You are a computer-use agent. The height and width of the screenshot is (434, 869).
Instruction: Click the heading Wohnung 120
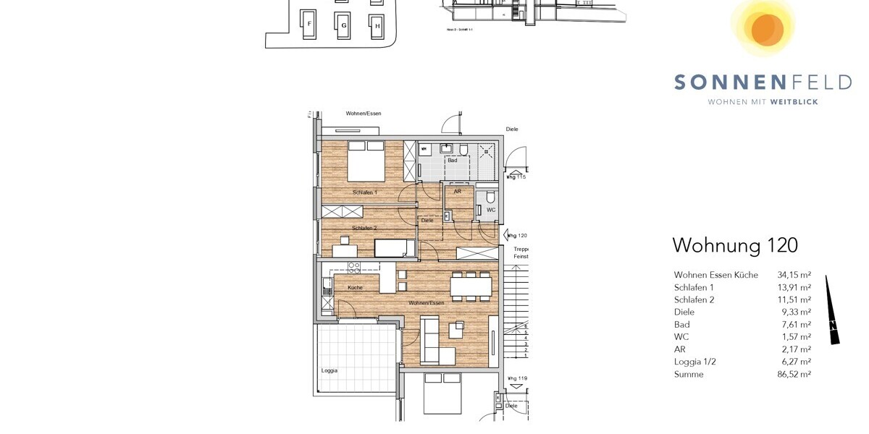point(734,245)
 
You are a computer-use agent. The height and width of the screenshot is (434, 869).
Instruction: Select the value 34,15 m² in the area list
point(794,275)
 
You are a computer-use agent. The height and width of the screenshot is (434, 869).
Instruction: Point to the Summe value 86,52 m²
point(794,374)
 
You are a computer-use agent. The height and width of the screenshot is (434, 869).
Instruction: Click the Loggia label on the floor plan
point(329,370)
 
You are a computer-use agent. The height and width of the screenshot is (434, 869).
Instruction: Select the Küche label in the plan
point(355,287)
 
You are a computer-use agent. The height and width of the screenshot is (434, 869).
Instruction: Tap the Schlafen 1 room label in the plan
point(365,192)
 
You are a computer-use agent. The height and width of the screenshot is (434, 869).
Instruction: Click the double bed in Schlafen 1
point(366,161)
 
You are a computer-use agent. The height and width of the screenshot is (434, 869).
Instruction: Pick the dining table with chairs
point(471,286)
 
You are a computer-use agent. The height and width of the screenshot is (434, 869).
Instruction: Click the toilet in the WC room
point(490,197)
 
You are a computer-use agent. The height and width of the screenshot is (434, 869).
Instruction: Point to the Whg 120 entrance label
point(516,235)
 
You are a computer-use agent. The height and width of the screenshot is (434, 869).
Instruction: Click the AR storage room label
point(457,192)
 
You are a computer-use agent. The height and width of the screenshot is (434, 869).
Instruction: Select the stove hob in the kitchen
point(354,266)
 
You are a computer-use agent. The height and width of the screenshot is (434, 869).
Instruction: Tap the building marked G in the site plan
point(343,25)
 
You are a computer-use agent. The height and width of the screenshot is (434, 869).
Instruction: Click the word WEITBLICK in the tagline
point(794,102)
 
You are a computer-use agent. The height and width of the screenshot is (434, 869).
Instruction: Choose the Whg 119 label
point(516,378)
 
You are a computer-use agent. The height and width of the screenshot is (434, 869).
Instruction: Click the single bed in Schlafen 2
point(394,247)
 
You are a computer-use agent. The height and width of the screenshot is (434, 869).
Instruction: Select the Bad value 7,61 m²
point(794,325)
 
